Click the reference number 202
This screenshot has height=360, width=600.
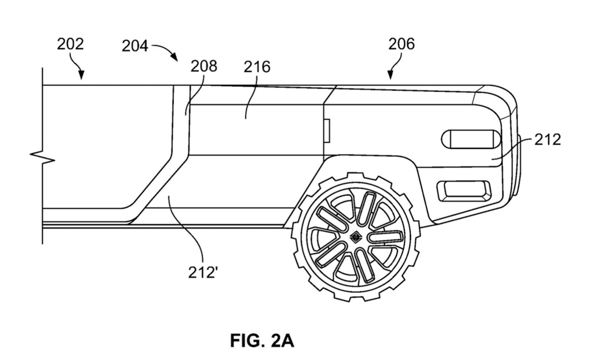coord(70,44)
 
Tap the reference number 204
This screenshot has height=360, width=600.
coord(135,46)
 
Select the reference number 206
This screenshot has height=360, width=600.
coord(401,44)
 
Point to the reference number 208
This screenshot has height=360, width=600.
coord(203,66)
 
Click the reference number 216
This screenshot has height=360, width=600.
coord(257,67)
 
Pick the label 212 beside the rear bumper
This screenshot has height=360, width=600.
coord(547,140)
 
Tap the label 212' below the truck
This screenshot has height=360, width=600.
coord(203,273)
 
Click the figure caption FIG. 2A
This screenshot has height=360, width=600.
coord(262,341)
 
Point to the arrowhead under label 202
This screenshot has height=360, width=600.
coord(81,75)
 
